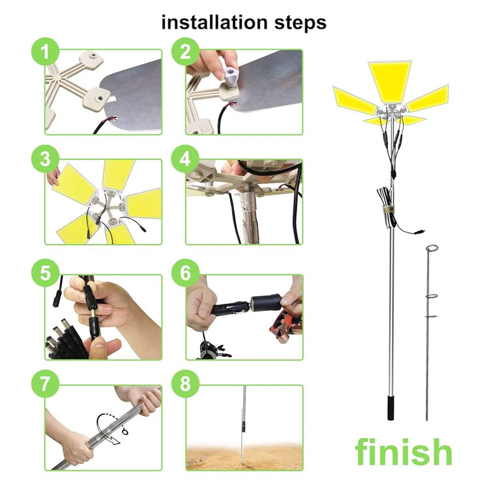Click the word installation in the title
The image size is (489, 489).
click(x=215, y=23)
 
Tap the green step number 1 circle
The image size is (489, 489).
click(x=46, y=52)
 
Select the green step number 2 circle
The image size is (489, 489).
click(x=185, y=52)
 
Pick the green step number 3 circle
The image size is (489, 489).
click(x=46, y=158)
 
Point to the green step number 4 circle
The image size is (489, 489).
click(x=185, y=158)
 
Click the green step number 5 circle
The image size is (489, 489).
click(x=46, y=273)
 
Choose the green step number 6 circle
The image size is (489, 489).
click(x=185, y=273)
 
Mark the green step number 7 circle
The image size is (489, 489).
click(x=46, y=383)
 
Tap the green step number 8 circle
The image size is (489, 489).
click(x=185, y=383)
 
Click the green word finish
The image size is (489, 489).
click(x=404, y=451)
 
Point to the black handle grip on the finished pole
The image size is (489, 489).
click(x=391, y=407)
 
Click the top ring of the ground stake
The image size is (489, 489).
click(x=432, y=248)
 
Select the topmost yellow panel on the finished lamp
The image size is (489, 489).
click(x=390, y=81)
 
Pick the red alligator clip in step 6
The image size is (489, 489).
click(x=286, y=327)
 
